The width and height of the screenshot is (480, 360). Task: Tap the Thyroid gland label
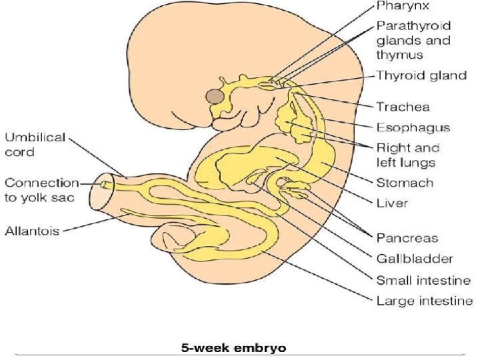421,75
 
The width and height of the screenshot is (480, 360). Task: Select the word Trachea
403,107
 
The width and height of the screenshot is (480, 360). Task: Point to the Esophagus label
413,127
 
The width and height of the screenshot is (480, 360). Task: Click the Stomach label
405,183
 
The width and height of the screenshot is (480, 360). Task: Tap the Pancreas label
406,238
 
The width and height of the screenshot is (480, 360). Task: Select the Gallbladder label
415,259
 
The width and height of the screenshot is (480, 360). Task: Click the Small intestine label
423,280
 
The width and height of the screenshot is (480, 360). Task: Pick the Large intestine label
425,301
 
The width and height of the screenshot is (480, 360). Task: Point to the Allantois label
32,231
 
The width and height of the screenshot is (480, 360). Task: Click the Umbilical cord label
35,145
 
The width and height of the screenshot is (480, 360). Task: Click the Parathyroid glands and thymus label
413,40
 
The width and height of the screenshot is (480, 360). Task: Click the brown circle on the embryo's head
215,97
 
